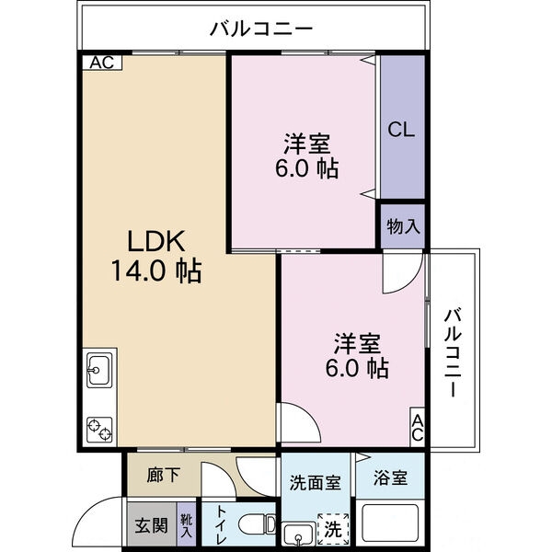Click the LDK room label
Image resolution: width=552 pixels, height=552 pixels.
tap(156, 241)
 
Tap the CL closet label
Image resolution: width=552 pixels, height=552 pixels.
tap(401, 130)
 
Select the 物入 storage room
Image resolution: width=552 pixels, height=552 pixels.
tap(403, 225)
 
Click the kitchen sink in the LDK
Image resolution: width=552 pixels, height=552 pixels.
tap(99, 370)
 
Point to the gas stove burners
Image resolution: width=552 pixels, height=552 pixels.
tap(99, 430)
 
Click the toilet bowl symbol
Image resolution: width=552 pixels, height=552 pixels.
tap(257, 524)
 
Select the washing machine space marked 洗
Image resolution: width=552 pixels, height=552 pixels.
tap(333, 529)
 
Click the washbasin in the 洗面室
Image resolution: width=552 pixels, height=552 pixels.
tap(298, 534)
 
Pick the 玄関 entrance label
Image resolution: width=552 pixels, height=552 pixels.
tap(151, 525)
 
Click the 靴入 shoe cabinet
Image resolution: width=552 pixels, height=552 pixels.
tap(186, 524)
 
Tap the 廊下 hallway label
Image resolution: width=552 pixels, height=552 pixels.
tap(164, 475)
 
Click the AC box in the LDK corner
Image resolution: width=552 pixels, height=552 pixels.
tap(102, 63)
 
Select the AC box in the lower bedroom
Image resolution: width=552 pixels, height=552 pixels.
tap(418, 427)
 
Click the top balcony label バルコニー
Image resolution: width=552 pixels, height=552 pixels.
tap(261, 29)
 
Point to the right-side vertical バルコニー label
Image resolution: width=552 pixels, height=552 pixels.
tap(453, 352)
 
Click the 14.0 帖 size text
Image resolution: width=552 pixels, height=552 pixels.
tap(156, 270)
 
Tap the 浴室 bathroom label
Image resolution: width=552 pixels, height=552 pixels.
tap(390, 478)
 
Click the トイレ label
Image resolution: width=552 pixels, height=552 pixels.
tap(222, 524)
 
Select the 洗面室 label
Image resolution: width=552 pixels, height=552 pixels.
tap(316, 483)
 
